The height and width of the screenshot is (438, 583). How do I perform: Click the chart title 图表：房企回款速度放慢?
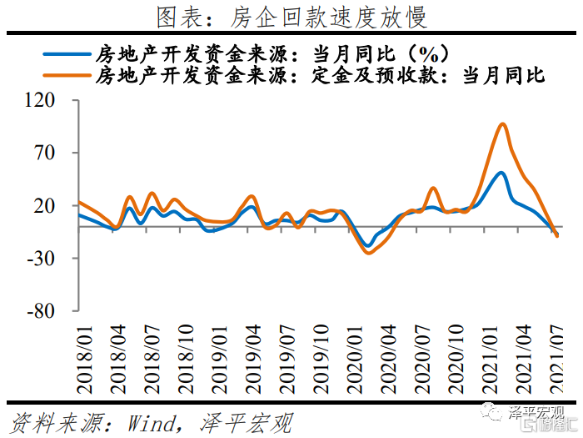(291, 17)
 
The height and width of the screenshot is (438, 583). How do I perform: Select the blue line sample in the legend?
(67, 54)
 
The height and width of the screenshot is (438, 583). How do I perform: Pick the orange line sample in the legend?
(67, 75)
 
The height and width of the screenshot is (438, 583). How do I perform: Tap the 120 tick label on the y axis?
(39, 100)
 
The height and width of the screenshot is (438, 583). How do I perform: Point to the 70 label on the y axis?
(44, 153)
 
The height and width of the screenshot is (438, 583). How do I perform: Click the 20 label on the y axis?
(44, 205)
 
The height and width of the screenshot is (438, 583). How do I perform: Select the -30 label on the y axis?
(41, 258)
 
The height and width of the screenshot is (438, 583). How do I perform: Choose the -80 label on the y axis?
(41, 311)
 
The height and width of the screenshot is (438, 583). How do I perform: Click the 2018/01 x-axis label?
(84, 360)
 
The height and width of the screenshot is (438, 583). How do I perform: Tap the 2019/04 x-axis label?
(253, 360)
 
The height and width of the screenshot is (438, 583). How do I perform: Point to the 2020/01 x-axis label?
(355, 360)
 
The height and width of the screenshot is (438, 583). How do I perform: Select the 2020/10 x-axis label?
(456, 360)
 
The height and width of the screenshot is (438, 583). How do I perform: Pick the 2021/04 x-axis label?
(524, 360)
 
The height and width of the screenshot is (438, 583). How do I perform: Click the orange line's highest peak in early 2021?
(502, 124)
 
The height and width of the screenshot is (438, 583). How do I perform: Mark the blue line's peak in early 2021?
(501, 174)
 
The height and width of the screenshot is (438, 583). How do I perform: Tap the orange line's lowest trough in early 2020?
(368, 253)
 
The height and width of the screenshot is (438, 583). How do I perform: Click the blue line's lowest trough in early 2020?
(368, 245)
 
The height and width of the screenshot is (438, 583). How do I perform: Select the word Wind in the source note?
(152, 423)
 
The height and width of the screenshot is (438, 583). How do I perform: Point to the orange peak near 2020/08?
(433, 189)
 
